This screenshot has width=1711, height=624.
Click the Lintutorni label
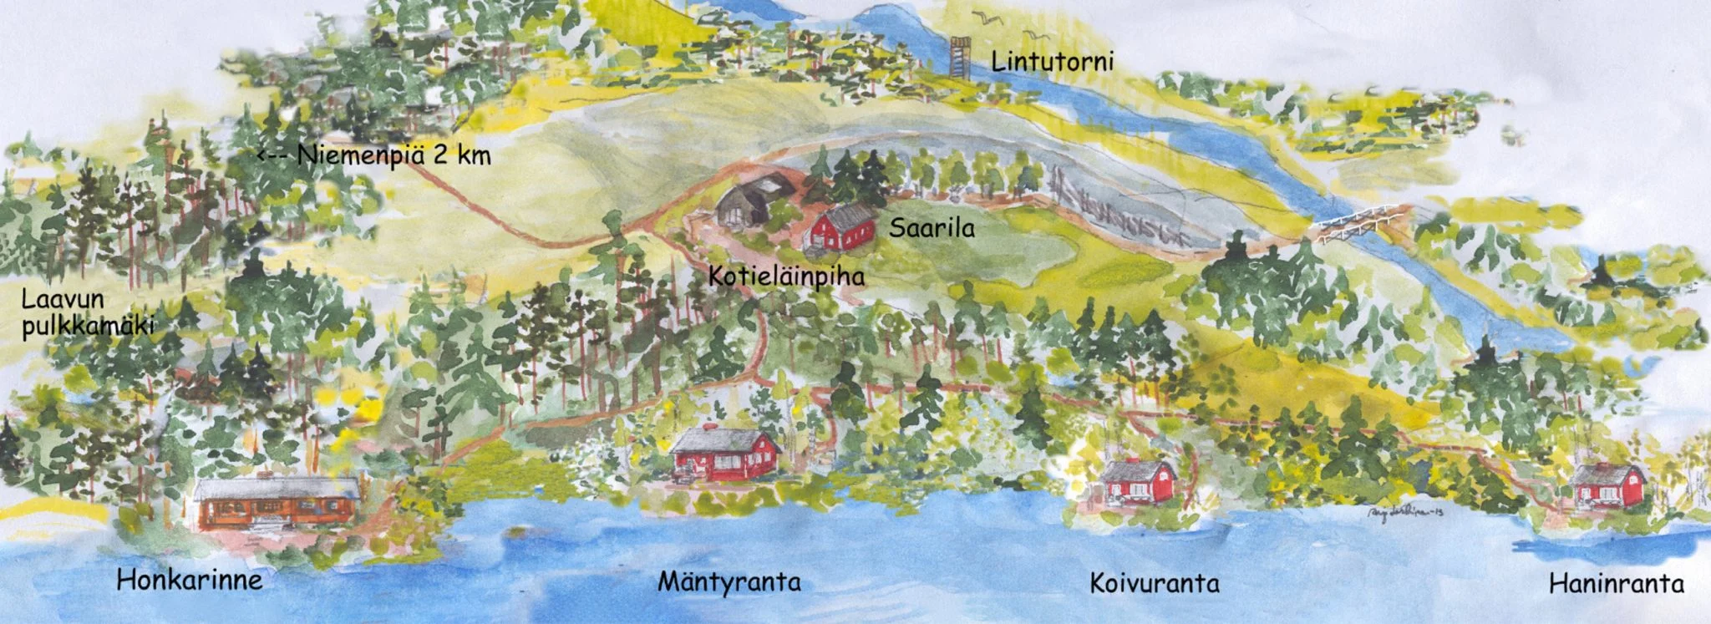(x=1053, y=62)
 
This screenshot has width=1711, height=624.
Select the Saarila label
(x=932, y=228)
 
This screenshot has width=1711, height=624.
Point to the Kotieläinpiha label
(x=786, y=276)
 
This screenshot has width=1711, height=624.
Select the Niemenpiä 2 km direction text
(x=393, y=155)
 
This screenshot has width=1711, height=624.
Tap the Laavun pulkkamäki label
(x=88, y=312)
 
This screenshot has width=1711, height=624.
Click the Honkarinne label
(x=190, y=580)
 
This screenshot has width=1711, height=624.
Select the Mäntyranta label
(x=729, y=582)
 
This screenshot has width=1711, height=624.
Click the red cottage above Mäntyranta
(x=723, y=454)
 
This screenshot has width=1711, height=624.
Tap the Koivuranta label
(x=1154, y=583)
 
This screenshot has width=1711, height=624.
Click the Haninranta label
(x=1616, y=584)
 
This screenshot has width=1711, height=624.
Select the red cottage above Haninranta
(x=1608, y=484)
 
